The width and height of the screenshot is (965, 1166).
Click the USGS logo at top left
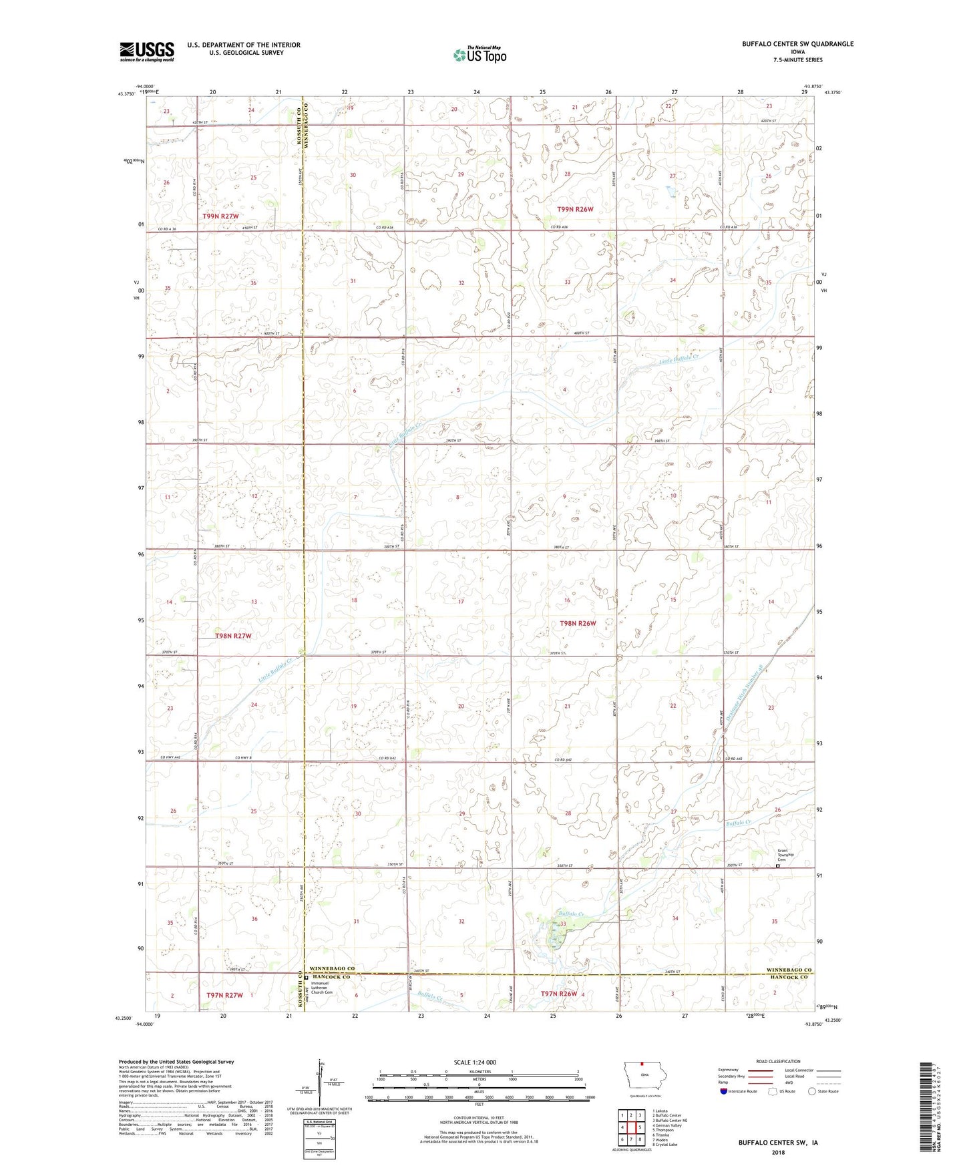click(147, 51)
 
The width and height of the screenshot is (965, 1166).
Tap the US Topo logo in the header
click(479, 55)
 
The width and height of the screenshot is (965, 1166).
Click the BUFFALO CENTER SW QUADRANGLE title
click(797, 44)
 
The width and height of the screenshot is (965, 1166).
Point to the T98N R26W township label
click(577, 623)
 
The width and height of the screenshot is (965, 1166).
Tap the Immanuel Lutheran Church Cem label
click(321, 987)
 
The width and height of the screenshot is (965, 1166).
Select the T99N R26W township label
click(575, 209)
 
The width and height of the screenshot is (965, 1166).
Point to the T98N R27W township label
click(233, 636)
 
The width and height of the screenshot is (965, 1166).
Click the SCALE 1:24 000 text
click(474, 1062)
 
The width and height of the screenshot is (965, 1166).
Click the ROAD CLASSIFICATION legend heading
click(778, 1061)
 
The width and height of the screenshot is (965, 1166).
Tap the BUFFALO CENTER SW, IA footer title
click(778, 1143)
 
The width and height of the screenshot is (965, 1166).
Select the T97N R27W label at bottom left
click(224, 995)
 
